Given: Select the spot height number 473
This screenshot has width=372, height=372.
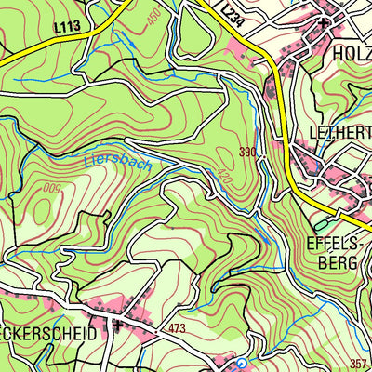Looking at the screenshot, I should click(178, 329).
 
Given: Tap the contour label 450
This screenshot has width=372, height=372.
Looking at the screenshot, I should click(154, 16).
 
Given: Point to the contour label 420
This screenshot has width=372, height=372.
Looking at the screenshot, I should click(223, 176).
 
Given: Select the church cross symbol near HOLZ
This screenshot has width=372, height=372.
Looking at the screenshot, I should click(323, 20).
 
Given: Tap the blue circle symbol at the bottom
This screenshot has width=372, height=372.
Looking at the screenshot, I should click(241, 364).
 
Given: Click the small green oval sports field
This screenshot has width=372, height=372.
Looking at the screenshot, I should click(321, 224).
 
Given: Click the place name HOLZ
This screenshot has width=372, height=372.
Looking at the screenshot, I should click(352, 54).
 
